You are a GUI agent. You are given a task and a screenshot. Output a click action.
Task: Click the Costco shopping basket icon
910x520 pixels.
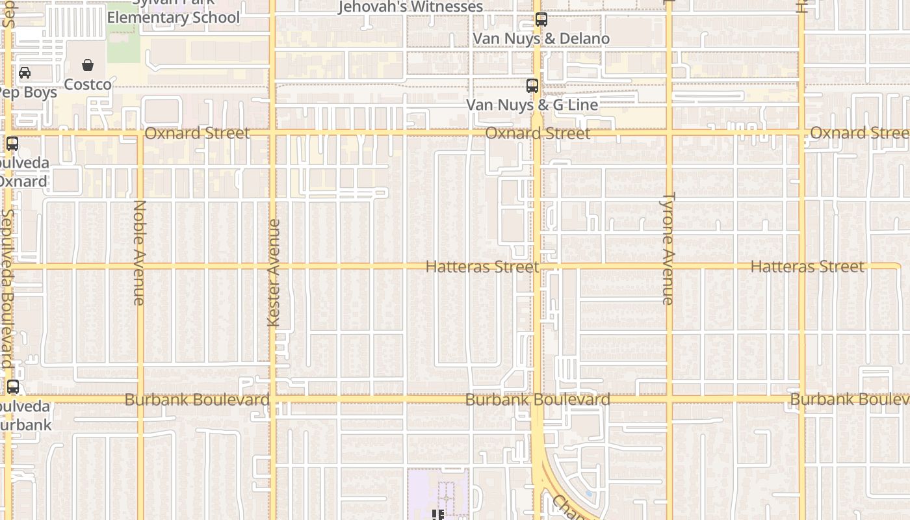click(88, 65)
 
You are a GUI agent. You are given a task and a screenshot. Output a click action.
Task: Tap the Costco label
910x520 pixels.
click(88, 84)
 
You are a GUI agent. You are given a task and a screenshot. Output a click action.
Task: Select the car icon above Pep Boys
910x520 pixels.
click(25, 73)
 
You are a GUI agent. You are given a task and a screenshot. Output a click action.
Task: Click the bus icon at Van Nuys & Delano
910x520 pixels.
click(541, 19)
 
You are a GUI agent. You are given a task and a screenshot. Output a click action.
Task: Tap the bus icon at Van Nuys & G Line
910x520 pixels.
click(532, 86)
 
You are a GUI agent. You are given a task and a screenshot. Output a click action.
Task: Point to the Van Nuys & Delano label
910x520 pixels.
click(541, 38)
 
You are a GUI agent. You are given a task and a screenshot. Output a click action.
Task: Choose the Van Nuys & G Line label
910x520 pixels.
click(532, 105)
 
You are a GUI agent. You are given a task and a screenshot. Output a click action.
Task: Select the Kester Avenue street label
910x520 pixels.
click(274, 273)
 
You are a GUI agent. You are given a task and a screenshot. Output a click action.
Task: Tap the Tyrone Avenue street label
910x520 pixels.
click(668, 248)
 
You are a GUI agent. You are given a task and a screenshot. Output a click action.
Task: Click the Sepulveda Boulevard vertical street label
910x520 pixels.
click(7, 289)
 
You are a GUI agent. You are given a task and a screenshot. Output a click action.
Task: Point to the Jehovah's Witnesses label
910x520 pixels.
click(411, 6)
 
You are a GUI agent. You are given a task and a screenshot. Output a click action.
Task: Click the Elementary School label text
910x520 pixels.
click(174, 18)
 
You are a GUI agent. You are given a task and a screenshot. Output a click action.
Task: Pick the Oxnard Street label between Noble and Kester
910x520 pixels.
click(197, 133)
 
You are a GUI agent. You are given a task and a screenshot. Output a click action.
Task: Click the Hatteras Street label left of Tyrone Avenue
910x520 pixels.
click(482, 267)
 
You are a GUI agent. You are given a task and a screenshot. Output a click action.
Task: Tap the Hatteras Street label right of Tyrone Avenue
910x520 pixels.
click(807, 266)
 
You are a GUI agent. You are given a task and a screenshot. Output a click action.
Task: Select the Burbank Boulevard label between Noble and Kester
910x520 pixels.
click(197, 400)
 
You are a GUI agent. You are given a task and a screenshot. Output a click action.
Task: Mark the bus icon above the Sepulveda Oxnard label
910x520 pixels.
click(12, 144)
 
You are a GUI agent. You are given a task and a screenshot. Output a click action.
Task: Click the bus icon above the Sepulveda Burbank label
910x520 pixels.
click(13, 387)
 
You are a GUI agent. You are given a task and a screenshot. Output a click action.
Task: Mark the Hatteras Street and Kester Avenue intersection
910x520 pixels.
click(273, 266)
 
